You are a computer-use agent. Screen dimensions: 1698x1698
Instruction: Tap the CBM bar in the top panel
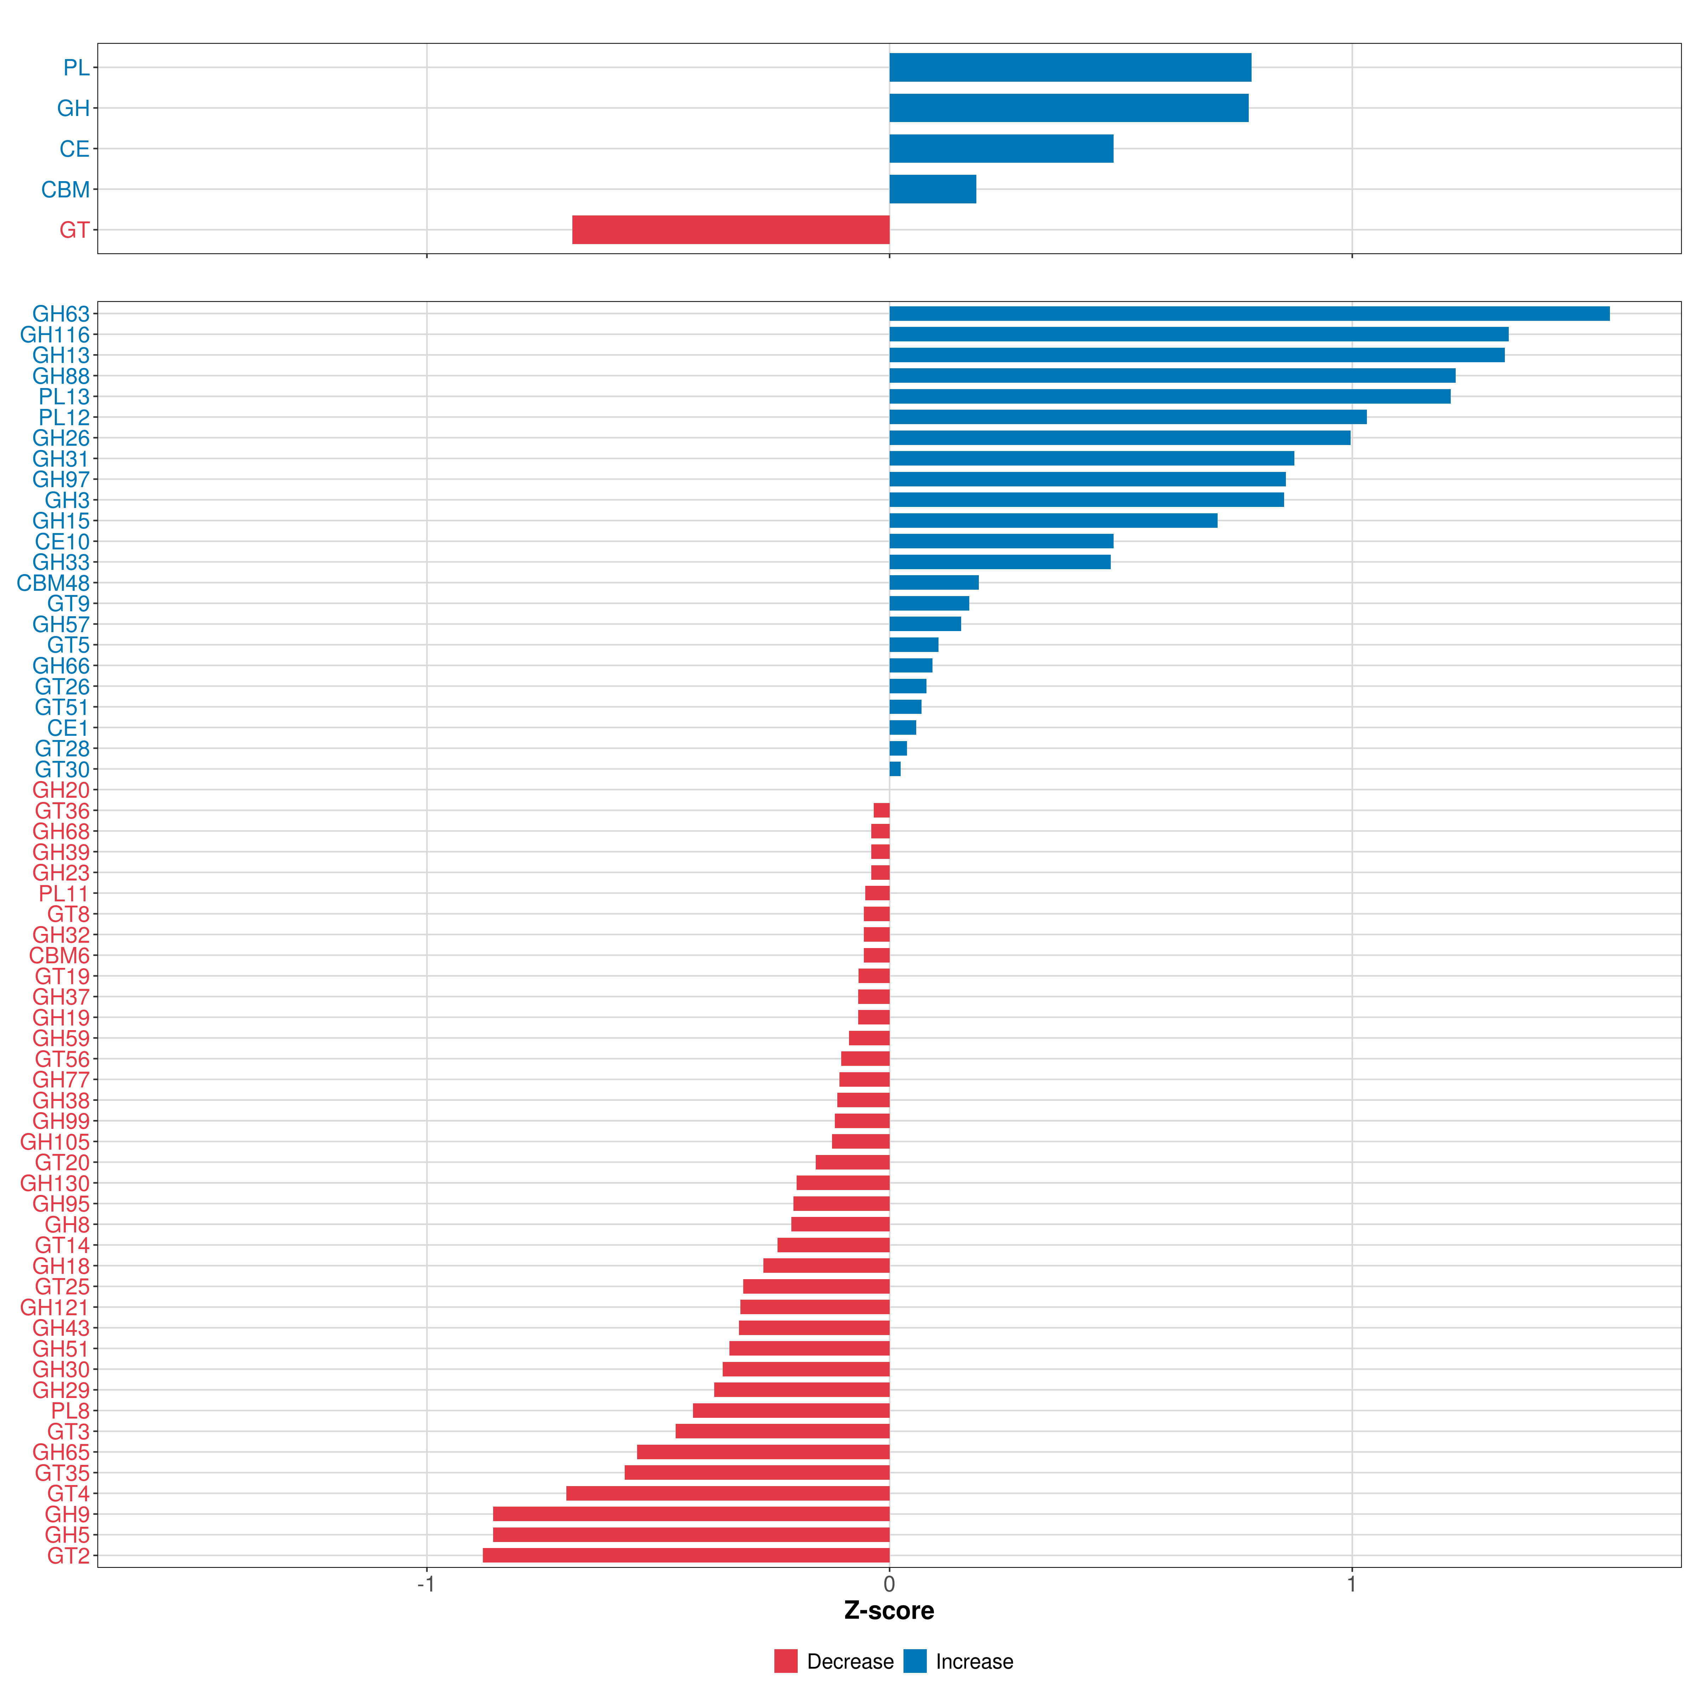[x=932, y=189]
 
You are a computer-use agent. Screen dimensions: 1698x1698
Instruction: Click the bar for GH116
[x=1199, y=334]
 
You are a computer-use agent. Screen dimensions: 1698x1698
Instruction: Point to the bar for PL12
[x=1128, y=417]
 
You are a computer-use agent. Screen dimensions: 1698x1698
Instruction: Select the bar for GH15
[x=1053, y=520]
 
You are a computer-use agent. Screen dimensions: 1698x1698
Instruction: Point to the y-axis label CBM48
[x=54, y=583]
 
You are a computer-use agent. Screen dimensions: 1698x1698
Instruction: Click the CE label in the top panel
[x=75, y=149]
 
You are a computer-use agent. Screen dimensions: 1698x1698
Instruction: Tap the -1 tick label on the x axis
[x=426, y=1584]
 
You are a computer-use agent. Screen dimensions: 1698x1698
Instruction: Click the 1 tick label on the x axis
[x=1352, y=1584]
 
